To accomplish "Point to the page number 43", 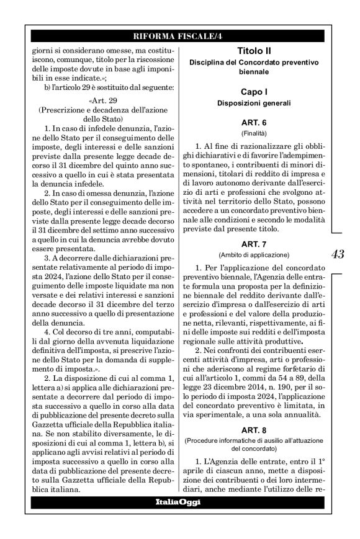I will [x=338, y=254].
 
